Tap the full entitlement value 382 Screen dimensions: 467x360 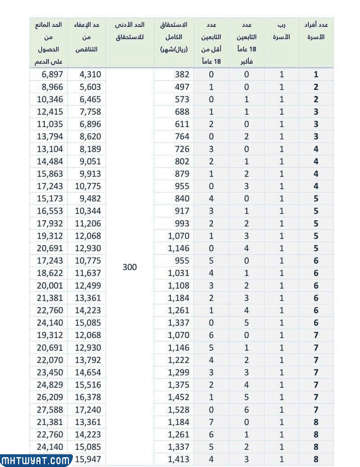(182, 74)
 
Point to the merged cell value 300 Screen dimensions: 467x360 (130, 267)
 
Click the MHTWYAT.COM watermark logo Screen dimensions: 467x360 (36, 460)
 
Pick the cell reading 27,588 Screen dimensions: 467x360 (51, 410)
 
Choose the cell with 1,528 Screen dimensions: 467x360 (178, 410)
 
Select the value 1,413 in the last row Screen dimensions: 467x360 (178, 459)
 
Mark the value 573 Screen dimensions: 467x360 (182, 100)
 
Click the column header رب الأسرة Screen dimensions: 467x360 (282, 31)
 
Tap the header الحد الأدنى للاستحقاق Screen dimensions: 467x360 (130, 31)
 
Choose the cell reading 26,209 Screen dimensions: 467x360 (51, 397)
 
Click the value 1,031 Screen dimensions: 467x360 (178, 273)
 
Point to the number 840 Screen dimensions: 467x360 (182, 199)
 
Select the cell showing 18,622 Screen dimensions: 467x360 (51, 273)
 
